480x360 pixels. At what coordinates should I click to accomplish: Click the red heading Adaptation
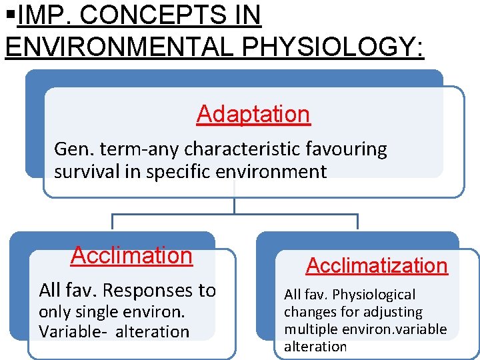(x=253, y=114)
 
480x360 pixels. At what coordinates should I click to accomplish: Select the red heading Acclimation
(x=131, y=255)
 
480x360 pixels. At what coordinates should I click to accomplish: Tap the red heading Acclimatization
(x=377, y=265)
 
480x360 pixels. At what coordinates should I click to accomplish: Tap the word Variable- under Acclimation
(x=71, y=331)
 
